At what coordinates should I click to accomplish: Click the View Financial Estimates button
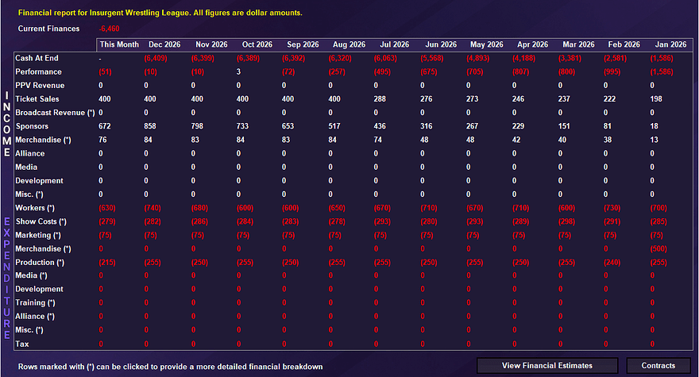click(547, 365)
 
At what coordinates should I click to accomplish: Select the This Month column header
click(119, 44)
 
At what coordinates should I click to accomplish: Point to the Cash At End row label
click(37, 58)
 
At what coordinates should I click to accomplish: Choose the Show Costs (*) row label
click(41, 221)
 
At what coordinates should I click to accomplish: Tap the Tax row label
click(22, 344)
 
